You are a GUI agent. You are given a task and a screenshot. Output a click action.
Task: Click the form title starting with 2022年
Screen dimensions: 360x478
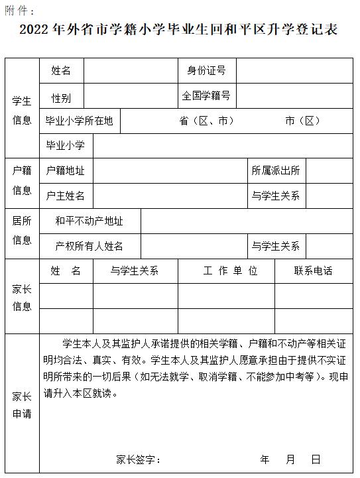click(179, 30)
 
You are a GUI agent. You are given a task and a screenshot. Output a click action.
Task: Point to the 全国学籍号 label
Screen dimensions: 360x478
click(206, 96)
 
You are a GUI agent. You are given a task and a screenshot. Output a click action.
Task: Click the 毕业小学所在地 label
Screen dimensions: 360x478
click(79, 121)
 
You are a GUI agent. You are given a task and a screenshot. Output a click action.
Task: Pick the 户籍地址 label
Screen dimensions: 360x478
click(65, 171)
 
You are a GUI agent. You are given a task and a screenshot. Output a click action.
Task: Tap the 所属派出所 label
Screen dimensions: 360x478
click(276, 171)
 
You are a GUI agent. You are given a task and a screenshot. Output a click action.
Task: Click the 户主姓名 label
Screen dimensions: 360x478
click(65, 196)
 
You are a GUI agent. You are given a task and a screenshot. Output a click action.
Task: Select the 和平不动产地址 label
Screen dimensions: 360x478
click(89, 221)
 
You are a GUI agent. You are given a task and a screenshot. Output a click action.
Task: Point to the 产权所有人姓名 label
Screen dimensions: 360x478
click(90, 247)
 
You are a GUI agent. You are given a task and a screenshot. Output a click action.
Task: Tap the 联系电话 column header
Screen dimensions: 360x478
click(314, 271)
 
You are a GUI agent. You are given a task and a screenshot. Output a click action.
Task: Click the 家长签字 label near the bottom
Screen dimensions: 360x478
click(138, 459)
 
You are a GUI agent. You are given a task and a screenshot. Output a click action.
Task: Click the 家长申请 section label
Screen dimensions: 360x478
click(22, 405)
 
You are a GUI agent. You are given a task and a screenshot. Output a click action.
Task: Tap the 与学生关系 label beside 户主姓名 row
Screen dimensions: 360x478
click(276, 196)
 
